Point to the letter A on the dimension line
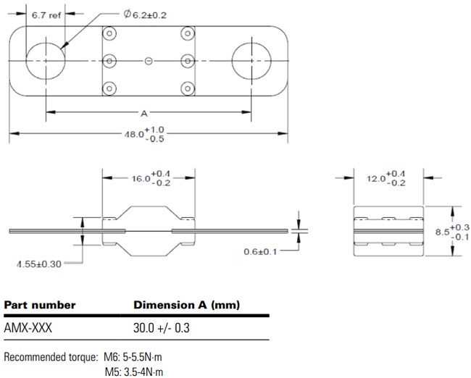point(144,112)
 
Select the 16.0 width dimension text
point(149,177)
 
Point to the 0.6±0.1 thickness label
point(259,251)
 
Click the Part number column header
point(40,305)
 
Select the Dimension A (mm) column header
point(186,305)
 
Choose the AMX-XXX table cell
point(28,327)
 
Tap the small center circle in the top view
point(149,61)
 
